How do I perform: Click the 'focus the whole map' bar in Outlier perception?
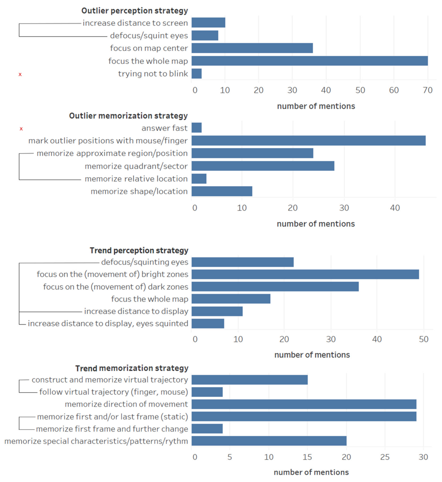coord(309,61)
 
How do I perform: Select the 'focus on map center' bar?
coord(252,48)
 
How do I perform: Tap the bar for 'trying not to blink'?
coord(197,74)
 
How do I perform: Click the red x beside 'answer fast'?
coord(21,129)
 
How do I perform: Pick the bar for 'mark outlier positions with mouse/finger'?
coord(308,141)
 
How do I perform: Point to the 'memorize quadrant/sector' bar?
coord(263,166)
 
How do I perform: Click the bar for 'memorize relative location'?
coord(199,179)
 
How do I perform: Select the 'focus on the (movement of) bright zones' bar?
coord(305,274)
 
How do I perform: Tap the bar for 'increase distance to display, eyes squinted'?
coord(208,323)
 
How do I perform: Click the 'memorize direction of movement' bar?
coord(304,404)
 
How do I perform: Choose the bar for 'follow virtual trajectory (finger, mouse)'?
coord(207,392)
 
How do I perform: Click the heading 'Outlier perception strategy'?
coord(134,11)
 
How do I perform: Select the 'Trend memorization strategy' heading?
coord(132,368)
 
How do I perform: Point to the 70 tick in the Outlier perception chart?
coord(428,90)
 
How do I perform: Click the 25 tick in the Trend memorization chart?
coord(385,457)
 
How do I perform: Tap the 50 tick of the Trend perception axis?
coord(423,339)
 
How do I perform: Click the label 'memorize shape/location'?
coord(139,191)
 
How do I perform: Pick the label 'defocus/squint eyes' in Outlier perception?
coord(149,36)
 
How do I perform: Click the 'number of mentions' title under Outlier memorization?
coord(316,224)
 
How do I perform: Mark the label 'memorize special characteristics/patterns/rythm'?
coord(96,441)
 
